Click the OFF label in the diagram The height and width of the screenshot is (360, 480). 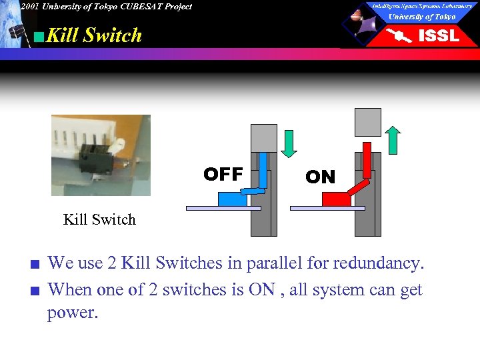click(223, 174)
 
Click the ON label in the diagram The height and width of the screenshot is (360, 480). click(320, 177)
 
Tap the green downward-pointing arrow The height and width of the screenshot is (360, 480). click(289, 142)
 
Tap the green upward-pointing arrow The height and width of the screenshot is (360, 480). click(393, 140)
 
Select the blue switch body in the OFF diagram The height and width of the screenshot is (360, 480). click(233, 198)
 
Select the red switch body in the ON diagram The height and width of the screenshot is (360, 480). click(336, 198)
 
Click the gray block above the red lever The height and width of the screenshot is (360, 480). click(367, 122)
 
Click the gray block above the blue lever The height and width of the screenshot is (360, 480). click(263, 137)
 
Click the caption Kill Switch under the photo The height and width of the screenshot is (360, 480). click(99, 219)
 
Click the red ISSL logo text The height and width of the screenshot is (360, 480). click(438, 35)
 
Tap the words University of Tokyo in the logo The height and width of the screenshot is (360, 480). click(422, 17)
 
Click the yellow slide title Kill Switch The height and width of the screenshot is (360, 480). click(94, 35)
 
